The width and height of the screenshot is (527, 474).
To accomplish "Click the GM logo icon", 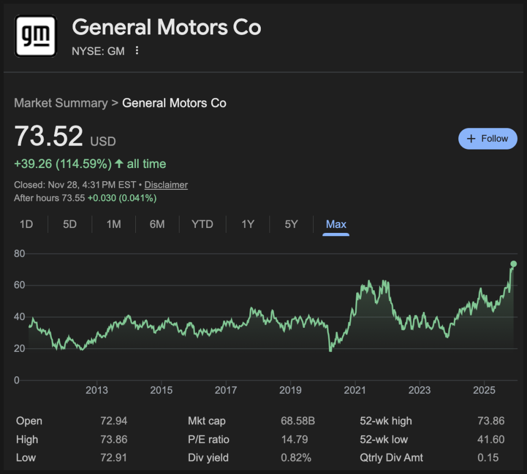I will pyautogui.click(x=35, y=36).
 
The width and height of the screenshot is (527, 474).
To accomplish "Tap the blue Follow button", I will pyautogui.click(x=487, y=139).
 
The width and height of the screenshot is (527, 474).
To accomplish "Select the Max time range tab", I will pyautogui.click(x=336, y=224).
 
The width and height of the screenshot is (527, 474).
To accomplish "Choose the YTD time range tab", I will pyautogui.click(x=202, y=224).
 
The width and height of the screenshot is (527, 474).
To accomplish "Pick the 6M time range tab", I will pyautogui.click(x=157, y=224).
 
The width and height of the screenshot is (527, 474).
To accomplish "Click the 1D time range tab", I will pyautogui.click(x=26, y=224).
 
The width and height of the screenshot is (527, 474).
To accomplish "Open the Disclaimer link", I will pyautogui.click(x=166, y=185).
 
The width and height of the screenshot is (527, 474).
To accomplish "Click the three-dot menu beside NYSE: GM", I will pyautogui.click(x=137, y=51).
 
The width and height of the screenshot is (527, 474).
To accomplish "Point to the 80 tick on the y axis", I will pyautogui.click(x=20, y=254).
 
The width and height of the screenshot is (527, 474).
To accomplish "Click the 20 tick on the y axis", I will pyautogui.click(x=20, y=349).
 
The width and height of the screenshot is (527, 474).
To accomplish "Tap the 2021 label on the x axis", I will pyautogui.click(x=355, y=390).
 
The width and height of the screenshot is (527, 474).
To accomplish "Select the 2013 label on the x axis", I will pyautogui.click(x=97, y=390).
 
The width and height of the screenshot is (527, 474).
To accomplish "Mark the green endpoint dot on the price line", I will pyautogui.click(x=513, y=264).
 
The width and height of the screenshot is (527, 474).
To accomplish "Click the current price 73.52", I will pyautogui.click(x=49, y=136).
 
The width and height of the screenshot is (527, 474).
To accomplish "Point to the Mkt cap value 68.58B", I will pyautogui.click(x=298, y=421).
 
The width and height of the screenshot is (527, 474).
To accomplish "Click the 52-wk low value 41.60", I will pyautogui.click(x=491, y=440).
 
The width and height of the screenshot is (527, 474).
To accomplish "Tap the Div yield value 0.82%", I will pyautogui.click(x=296, y=458).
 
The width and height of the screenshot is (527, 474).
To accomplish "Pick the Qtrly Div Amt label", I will pyautogui.click(x=391, y=458).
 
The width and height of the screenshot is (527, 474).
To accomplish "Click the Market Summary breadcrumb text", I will pyautogui.click(x=61, y=103).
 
